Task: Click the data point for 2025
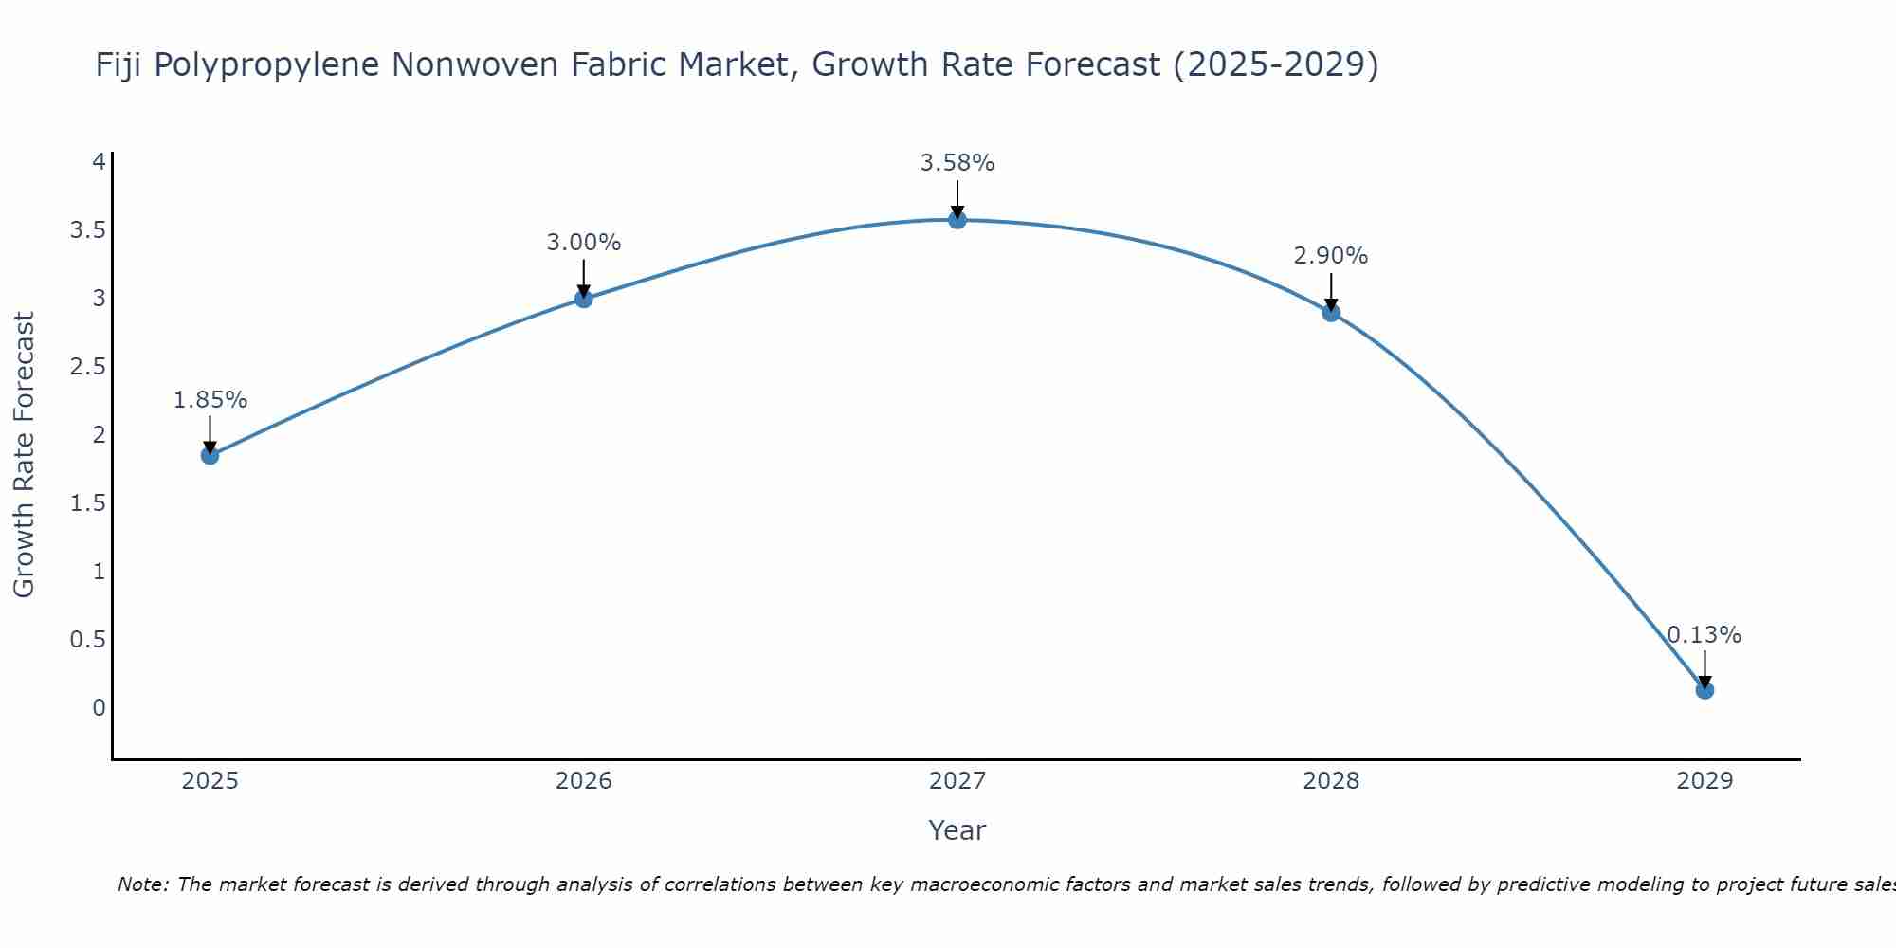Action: pos(210,455)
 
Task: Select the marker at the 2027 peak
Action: pos(957,220)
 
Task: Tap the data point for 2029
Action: pos(1705,690)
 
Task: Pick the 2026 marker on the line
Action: pos(584,299)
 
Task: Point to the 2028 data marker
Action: pos(1331,313)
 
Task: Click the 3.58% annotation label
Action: pos(957,163)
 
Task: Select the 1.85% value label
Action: pos(210,400)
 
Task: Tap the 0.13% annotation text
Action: pos(1705,635)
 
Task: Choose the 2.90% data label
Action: pos(1331,256)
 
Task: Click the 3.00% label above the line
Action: pos(584,243)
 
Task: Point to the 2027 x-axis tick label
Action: pos(957,781)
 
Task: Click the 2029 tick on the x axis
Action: pos(1705,781)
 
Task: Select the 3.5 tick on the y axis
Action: pos(87,230)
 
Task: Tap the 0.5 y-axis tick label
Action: pos(87,640)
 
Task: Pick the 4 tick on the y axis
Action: pos(99,162)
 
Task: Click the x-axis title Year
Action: pos(957,830)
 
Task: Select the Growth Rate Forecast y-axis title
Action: pos(25,455)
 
